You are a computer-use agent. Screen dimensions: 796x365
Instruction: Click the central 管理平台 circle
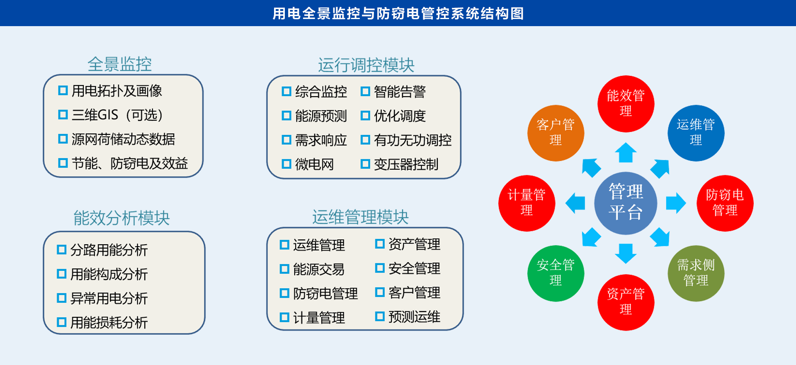tap(626, 203)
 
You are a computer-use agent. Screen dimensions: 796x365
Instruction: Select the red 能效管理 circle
tap(626, 104)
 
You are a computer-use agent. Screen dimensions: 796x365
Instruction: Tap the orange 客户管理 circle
tap(556, 133)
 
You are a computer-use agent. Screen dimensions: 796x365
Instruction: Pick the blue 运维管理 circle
tap(696, 133)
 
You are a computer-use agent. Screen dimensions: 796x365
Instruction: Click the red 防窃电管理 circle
tap(725, 203)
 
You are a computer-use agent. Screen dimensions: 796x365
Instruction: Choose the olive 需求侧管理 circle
tap(696, 273)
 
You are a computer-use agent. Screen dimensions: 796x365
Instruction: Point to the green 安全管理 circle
tap(556, 273)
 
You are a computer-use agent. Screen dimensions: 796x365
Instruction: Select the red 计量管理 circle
tap(527, 203)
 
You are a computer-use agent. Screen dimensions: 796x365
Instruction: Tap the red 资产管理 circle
tap(626, 302)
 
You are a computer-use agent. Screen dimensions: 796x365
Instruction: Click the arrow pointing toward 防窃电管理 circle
tap(676, 203)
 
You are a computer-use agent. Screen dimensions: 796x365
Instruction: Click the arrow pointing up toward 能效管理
tap(626, 153)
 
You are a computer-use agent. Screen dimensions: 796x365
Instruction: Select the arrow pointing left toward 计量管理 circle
tap(575, 203)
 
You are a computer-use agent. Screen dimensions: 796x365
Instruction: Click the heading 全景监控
tap(120, 64)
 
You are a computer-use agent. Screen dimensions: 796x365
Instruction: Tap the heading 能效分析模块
tap(121, 218)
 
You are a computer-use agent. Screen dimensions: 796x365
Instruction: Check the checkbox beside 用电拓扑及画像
tap(63, 90)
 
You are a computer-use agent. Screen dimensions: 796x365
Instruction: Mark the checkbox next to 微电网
tap(286, 164)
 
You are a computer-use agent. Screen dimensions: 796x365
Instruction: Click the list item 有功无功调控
tap(413, 140)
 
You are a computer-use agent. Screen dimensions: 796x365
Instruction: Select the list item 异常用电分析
tap(109, 298)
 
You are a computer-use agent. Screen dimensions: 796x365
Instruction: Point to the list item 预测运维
tap(414, 317)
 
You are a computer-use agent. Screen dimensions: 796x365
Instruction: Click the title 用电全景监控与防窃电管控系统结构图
tap(398, 13)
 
